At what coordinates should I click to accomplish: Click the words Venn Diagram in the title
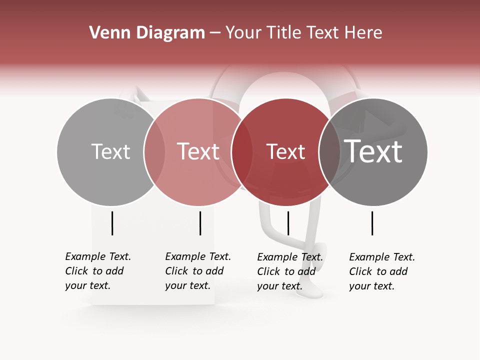[x=147, y=33]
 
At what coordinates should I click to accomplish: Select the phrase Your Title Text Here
[x=303, y=33]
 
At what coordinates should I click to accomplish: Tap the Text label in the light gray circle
[x=110, y=151]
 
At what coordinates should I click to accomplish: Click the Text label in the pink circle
[x=198, y=151]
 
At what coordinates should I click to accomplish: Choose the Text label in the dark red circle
[x=285, y=151]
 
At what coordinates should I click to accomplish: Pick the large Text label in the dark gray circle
[x=373, y=151]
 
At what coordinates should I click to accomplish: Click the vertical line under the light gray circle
[x=112, y=223]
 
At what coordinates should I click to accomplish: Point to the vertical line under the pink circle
[x=200, y=223]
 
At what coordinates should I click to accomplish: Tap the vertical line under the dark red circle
[x=288, y=223]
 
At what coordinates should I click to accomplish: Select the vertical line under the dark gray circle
[x=372, y=223]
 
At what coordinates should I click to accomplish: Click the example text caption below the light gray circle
[x=97, y=271]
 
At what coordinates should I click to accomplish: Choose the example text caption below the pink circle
[x=197, y=271]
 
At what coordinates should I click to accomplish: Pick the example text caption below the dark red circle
[x=289, y=271]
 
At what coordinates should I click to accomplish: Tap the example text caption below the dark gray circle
[x=381, y=271]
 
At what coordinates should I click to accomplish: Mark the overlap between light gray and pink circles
[x=154, y=151]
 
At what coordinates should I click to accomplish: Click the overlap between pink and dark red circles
[x=241, y=151]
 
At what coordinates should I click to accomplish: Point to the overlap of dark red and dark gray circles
[x=329, y=151]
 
